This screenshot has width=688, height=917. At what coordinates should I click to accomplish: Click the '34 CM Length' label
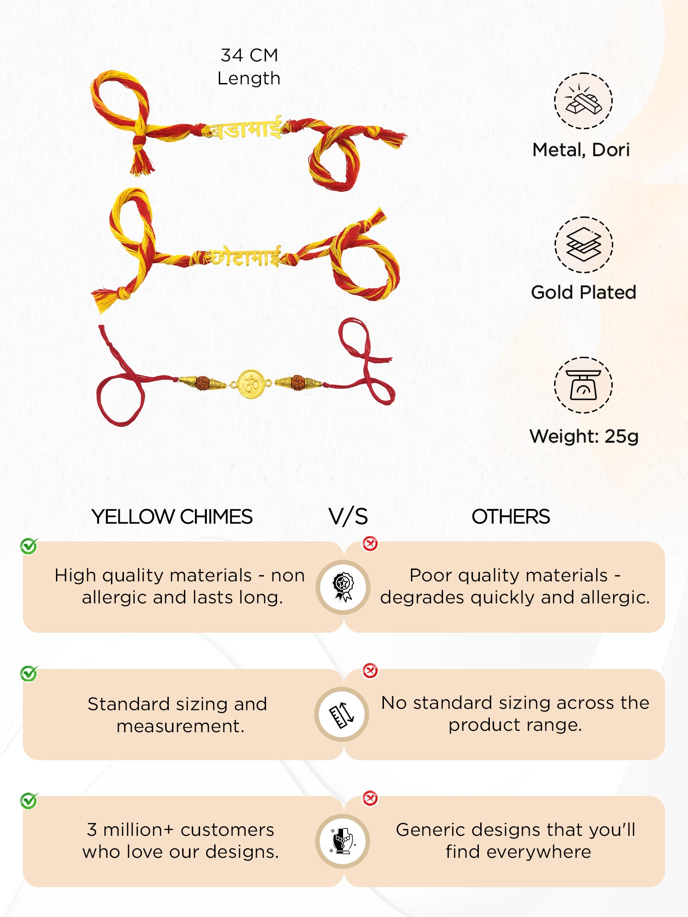coord(249,67)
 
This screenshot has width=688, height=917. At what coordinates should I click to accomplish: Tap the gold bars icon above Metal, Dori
coord(583,101)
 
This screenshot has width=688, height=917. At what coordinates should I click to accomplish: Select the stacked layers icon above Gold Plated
coord(583,245)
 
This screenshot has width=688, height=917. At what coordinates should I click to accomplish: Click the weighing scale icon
coord(583,385)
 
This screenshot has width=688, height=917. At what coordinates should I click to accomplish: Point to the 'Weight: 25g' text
coord(583,436)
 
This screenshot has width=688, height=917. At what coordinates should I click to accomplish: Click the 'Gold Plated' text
coord(583,293)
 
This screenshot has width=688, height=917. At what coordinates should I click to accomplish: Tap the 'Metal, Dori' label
coord(581,150)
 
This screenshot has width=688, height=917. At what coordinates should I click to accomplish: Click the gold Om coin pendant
coord(251,383)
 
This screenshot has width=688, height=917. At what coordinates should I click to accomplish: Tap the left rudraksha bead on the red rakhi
coord(202,382)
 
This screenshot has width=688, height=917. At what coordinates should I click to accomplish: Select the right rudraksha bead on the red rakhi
coord(298,381)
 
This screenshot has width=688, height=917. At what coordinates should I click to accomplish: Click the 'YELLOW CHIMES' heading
coord(172,517)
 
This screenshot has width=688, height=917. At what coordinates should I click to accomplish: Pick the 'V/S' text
coord(348,517)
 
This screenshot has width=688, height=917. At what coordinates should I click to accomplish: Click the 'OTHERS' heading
coord(510,517)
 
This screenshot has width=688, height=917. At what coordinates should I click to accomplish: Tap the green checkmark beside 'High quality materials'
coord(29,546)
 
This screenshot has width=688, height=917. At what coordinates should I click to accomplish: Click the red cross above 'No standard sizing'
coord(370,671)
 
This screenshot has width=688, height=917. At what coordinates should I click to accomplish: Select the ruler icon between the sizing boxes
coord(342,714)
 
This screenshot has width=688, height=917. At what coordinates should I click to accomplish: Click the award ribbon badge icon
coord(343,587)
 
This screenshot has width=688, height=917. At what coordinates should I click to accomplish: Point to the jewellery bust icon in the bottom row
coord(343,841)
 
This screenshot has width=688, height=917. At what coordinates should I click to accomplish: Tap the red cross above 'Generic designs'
coord(370,798)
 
